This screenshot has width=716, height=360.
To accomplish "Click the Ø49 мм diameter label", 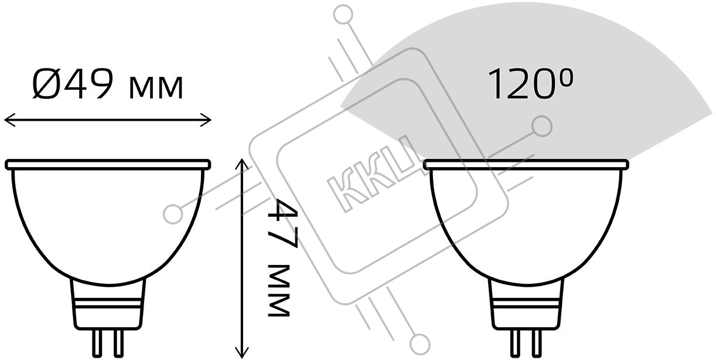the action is (x=108, y=84).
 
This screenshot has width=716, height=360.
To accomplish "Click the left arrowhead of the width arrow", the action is (x=9, y=120).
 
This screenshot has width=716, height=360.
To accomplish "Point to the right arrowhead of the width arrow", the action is (x=206, y=120).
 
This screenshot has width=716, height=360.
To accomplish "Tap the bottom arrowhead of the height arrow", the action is (x=242, y=352).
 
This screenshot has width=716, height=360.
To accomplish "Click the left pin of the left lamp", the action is (x=97, y=343).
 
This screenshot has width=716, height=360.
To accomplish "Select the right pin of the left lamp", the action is (x=118, y=343).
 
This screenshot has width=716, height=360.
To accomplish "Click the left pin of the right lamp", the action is (x=515, y=343).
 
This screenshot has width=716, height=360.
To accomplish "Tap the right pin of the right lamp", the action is (x=537, y=343).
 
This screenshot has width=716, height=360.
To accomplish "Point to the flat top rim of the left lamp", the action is (x=108, y=165).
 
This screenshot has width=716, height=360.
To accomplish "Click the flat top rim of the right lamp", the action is (x=526, y=165).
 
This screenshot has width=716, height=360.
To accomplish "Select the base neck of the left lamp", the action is (x=108, y=304).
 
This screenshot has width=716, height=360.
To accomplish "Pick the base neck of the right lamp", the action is (x=526, y=304).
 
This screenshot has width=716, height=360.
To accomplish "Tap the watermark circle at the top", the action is (x=343, y=15).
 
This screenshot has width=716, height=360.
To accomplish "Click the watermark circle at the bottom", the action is (x=420, y=344).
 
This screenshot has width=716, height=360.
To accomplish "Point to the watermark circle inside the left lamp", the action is (x=173, y=214).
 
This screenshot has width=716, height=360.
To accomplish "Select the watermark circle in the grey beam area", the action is (x=542, y=127).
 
